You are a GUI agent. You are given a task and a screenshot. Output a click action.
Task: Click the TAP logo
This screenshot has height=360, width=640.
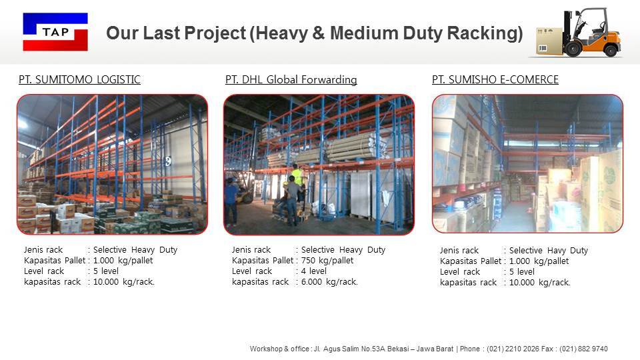(x=55, y=31)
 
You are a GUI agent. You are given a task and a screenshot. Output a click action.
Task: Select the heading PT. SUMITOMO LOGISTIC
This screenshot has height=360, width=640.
(x=79, y=80)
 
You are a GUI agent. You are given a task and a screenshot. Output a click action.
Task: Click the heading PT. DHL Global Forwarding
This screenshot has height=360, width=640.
(x=291, y=80)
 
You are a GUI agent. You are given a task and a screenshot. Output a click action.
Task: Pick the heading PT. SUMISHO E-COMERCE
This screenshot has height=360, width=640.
(x=495, y=80)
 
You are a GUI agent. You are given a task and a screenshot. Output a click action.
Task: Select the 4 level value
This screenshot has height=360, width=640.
(x=314, y=271)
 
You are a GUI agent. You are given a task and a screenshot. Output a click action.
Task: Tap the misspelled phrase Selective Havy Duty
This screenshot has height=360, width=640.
(x=548, y=251)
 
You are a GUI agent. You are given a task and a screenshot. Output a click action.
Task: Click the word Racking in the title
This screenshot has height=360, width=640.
(x=483, y=33)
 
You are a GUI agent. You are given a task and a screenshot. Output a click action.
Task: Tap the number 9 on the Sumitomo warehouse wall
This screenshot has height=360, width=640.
(x=169, y=161)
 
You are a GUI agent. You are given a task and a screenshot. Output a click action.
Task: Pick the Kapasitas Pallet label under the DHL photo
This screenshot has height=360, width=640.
(x=263, y=261)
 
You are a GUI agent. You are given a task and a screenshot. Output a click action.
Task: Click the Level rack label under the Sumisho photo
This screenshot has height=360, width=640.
(x=460, y=272)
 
